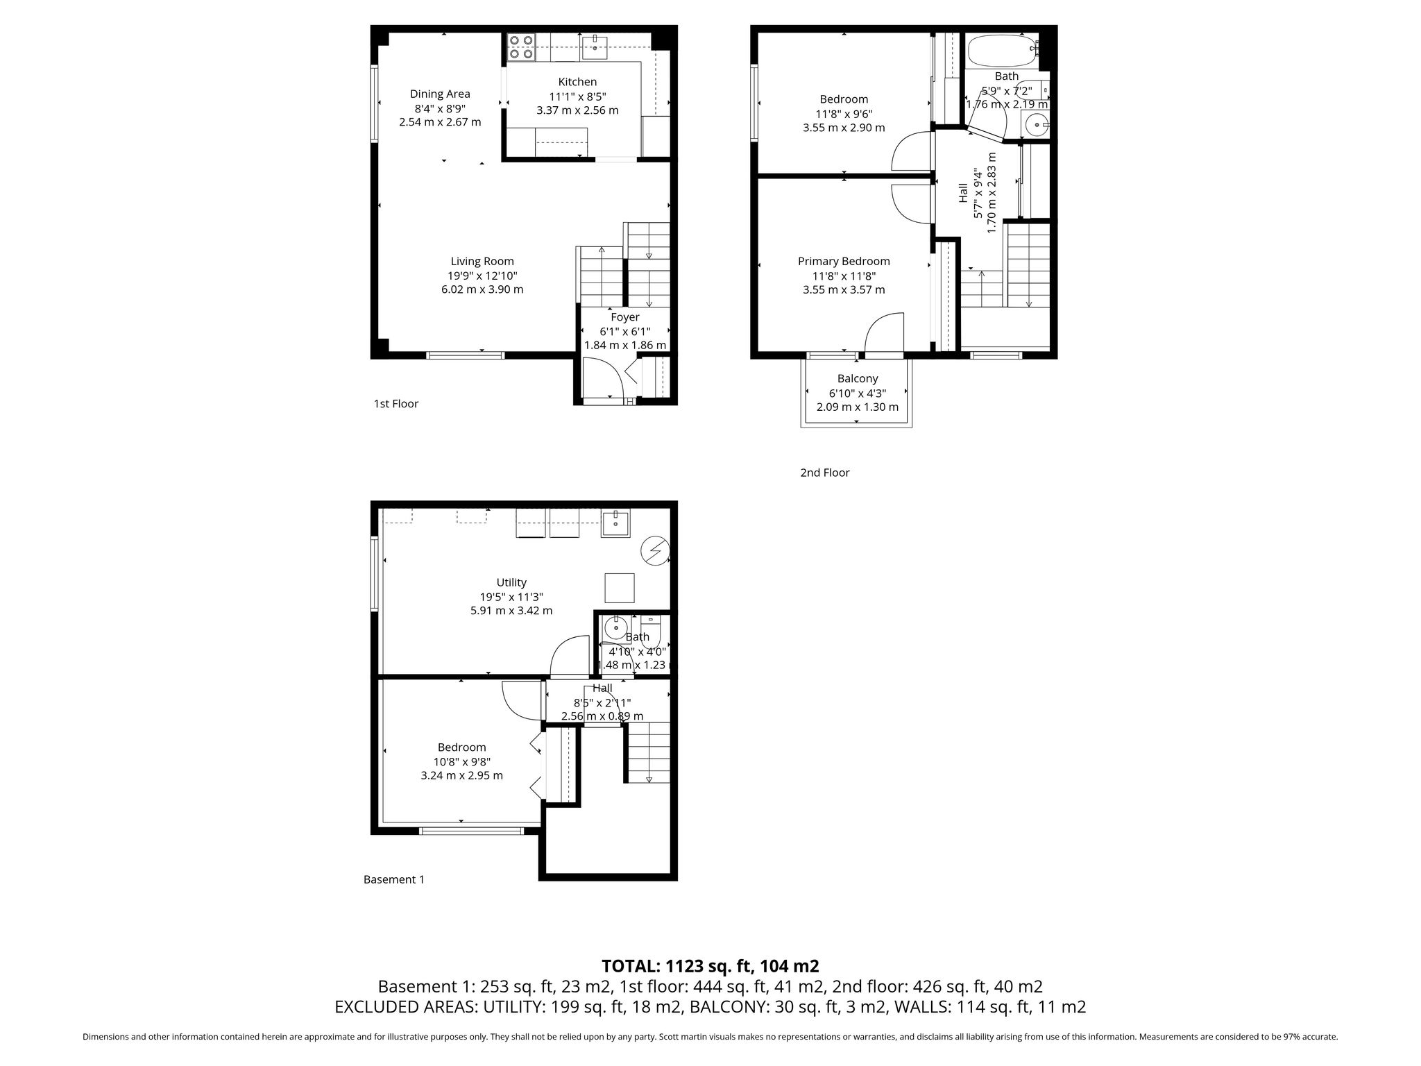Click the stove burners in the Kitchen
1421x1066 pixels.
[x=521, y=46]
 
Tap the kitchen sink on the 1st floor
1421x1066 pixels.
[x=595, y=48]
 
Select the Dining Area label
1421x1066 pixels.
[x=440, y=94]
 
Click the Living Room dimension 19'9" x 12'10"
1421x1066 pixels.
[x=482, y=276]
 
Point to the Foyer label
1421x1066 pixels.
[x=625, y=317]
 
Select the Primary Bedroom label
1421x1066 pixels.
[x=844, y=261]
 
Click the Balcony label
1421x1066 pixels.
[x=858, y=378]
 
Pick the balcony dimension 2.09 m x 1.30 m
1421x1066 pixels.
[x=858, y=407]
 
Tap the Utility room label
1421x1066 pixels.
[x=511, y=582]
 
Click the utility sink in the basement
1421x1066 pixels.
[x=615, y=523]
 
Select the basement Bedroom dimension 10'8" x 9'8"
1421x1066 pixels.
[x=462, y=761]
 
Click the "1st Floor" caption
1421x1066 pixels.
[x=396, y=403]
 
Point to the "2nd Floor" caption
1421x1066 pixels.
[x=825, y=473]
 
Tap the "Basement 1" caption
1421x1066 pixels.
[x=394, y=879]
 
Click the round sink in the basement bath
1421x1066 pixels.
[x=615, y=629]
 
